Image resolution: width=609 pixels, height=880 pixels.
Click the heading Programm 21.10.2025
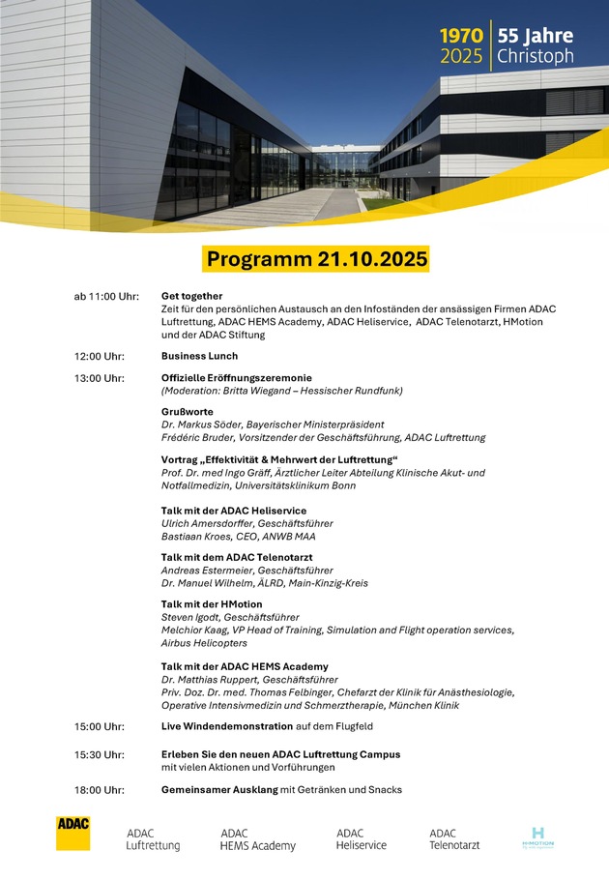coord(317,259)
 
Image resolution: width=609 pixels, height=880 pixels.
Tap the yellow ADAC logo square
coord(72,833)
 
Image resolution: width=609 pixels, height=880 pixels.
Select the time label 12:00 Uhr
coord(101,357)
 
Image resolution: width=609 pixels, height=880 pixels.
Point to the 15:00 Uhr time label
coord(99,726)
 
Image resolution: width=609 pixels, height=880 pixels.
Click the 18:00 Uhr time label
coord(99,790)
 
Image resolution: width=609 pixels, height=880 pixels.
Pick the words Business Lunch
coord(199,357)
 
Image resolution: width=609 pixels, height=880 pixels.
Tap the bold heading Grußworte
coord(188,412)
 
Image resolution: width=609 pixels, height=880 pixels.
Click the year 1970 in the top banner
coord(462,36)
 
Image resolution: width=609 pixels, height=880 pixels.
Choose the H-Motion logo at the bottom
coord(538,837)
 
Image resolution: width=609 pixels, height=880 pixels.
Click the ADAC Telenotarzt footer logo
coord(454,838)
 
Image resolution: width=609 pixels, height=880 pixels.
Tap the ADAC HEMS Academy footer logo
coord(257,838)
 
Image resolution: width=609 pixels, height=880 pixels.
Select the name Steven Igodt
coord(191,617)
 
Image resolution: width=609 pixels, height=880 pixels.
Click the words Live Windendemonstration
coord(227,726)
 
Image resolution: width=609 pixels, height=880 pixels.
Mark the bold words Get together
coord(191,296)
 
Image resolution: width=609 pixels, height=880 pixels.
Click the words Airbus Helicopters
coord(204,643)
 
